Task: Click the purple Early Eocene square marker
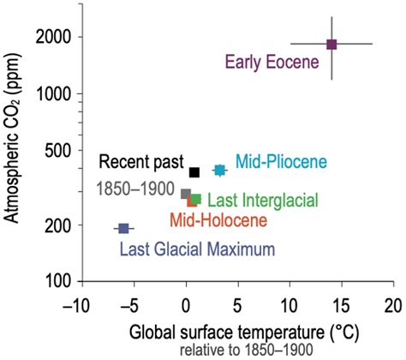[331, 44]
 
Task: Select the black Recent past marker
[194, 172]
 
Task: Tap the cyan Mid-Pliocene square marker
[219, 170]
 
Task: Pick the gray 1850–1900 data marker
[186, 194]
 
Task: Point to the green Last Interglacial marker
[196, 199]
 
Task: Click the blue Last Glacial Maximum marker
[123, 228]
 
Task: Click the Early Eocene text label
[272, 62]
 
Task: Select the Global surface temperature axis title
[233, 330]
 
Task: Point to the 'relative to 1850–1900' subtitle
[233, 350]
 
